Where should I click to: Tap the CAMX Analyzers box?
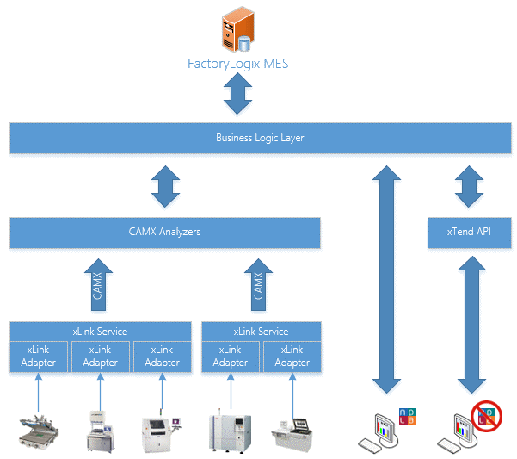tap(165, 233)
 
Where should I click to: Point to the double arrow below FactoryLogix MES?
tap(235, 96)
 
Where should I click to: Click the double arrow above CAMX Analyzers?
tap(165, 187)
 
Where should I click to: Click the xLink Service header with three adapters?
tap(101, 331)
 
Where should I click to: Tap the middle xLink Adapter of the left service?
tap(101, 357)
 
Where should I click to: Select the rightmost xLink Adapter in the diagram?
tap(291, 357)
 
